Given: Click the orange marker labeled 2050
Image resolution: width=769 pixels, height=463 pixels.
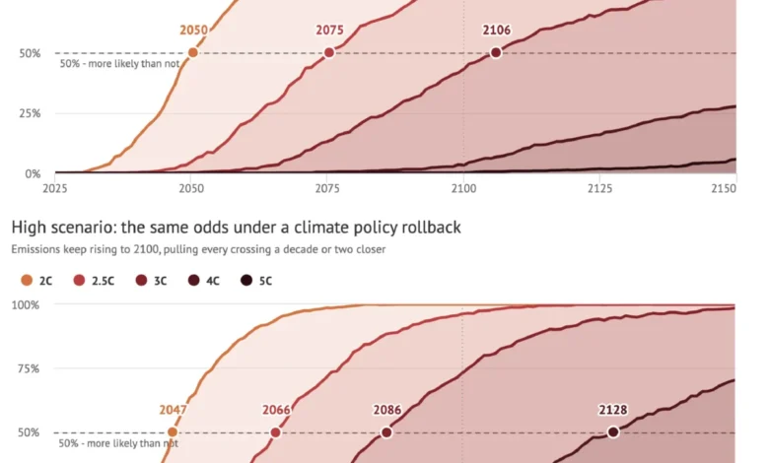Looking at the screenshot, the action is pyautogui.click(x=192, y=52).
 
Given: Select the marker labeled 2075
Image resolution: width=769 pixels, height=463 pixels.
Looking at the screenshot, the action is pyautogui.click(x=329, y=52).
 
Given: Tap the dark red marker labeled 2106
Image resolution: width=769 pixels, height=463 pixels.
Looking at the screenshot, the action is pyautogui.click(x=496, y=52).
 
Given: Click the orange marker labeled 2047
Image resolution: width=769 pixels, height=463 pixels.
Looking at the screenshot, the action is pyautogui.click(x=173, y=432).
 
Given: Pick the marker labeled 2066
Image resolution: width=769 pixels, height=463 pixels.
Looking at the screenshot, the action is pyautogui.click(x=276, y=432).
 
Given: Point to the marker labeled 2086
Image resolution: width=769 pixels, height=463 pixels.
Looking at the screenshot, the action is pyautogui.click(x=386, y=432).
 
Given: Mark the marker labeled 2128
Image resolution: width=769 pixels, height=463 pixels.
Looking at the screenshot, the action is pyautogui.click(x=612, y=432).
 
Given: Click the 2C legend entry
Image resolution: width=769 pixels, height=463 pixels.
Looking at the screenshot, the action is pyautogui.click(x=36, y=281).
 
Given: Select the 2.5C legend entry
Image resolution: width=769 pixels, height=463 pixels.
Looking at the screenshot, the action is pyautogui.click(x=94, y=281).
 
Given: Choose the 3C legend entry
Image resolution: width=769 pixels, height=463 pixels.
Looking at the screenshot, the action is pyautogui.click(x=151, y=281).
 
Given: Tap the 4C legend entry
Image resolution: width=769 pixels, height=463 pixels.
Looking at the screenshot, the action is pyautogui.click(x=203, y=281).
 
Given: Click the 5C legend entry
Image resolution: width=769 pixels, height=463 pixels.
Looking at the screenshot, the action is pyautogui.click(x=256, y=281).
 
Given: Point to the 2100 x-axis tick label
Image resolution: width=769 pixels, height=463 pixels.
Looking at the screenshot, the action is pyautogui.click(x=463, y=188).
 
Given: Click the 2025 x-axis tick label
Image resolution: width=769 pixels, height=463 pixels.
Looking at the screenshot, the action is pyautogui.click(x=55, y=188).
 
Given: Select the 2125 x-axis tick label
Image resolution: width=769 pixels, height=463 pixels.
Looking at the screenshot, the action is pyautogui.click(x=599, y=188).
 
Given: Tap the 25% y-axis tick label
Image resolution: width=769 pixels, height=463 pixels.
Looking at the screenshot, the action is pyautogui.click(x=30, y=113).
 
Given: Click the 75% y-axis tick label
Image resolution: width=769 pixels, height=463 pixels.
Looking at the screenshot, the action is pyautogui.click(x=29, y=369).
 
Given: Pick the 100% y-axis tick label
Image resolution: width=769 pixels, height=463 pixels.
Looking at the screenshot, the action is pyautogui.click(x=26, y=305).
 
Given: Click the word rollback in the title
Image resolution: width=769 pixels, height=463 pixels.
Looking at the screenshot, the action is pyautogui.click(x=431, y=228).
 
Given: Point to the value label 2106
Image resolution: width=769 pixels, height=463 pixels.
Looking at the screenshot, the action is pyautogui.click(x=496, y=30).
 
